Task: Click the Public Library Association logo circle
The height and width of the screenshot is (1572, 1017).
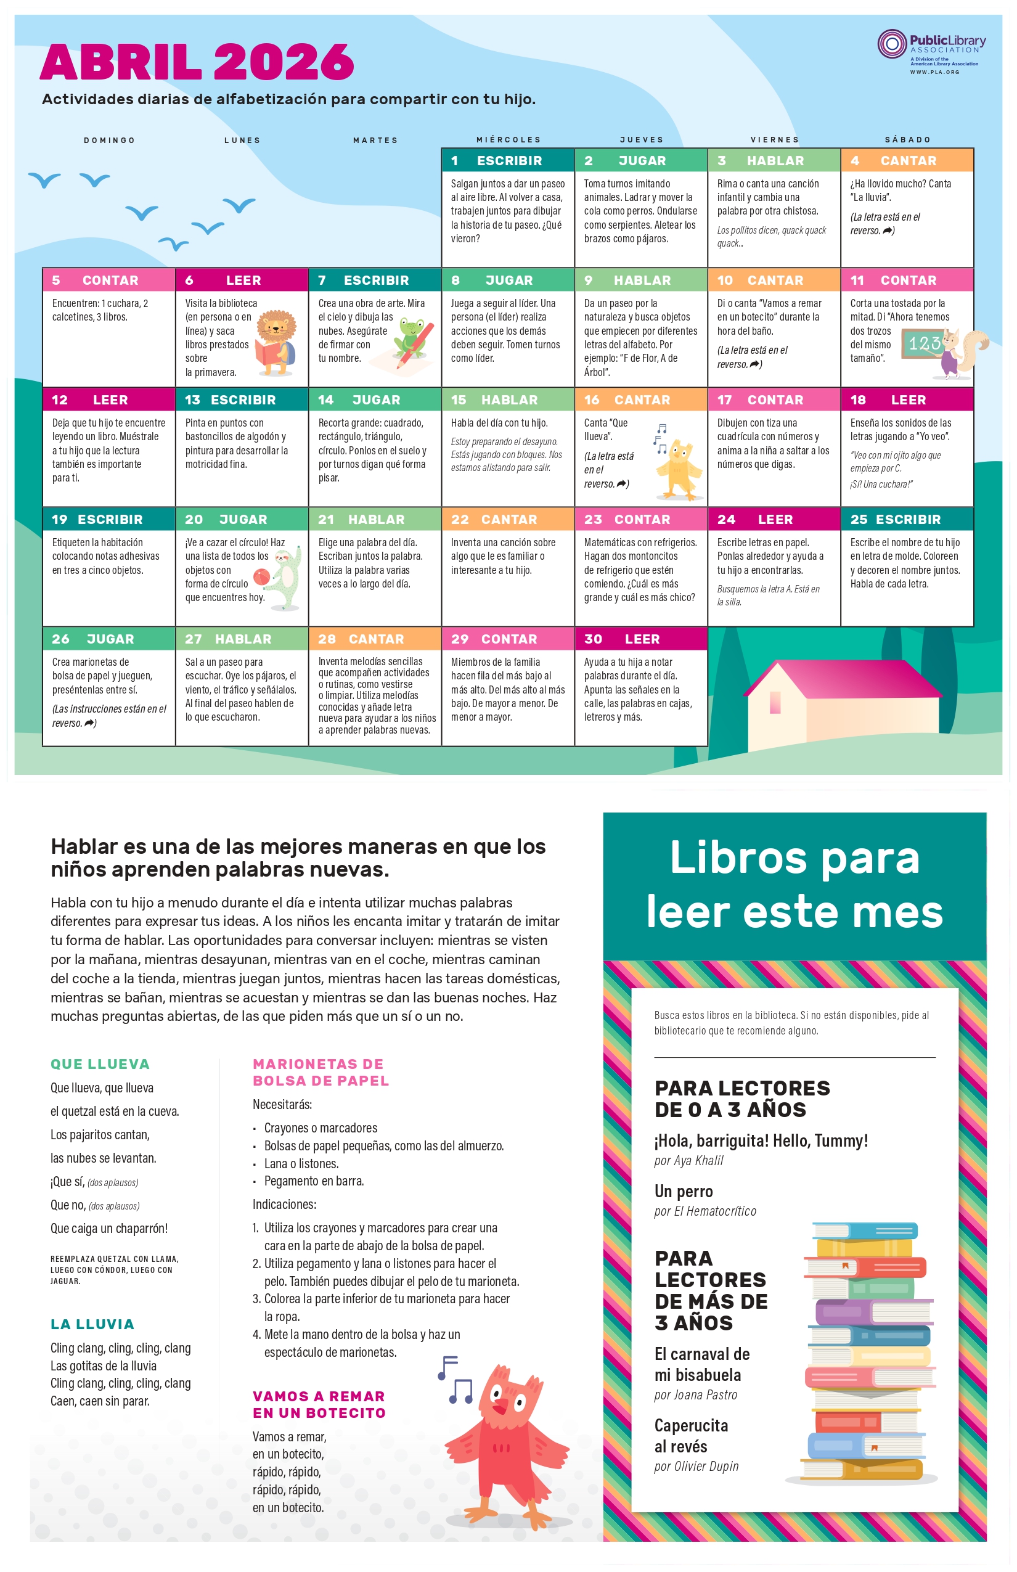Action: point(891,44)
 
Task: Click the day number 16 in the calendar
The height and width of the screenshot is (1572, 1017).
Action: point(592,399)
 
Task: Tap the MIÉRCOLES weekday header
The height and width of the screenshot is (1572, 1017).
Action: point(508,140)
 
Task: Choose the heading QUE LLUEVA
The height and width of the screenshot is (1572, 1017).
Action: point(100,1064)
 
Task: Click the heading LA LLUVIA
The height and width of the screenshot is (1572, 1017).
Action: point(92,1324)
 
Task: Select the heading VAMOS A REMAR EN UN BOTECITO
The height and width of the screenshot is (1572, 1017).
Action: point(319,1404)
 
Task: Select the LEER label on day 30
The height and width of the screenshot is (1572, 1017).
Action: point(642,639)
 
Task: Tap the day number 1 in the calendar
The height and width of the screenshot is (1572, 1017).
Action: point(454,160)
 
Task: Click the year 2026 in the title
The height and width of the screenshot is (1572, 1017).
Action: point(284,63)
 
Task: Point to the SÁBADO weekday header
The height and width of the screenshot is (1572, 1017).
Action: point(907,140)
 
